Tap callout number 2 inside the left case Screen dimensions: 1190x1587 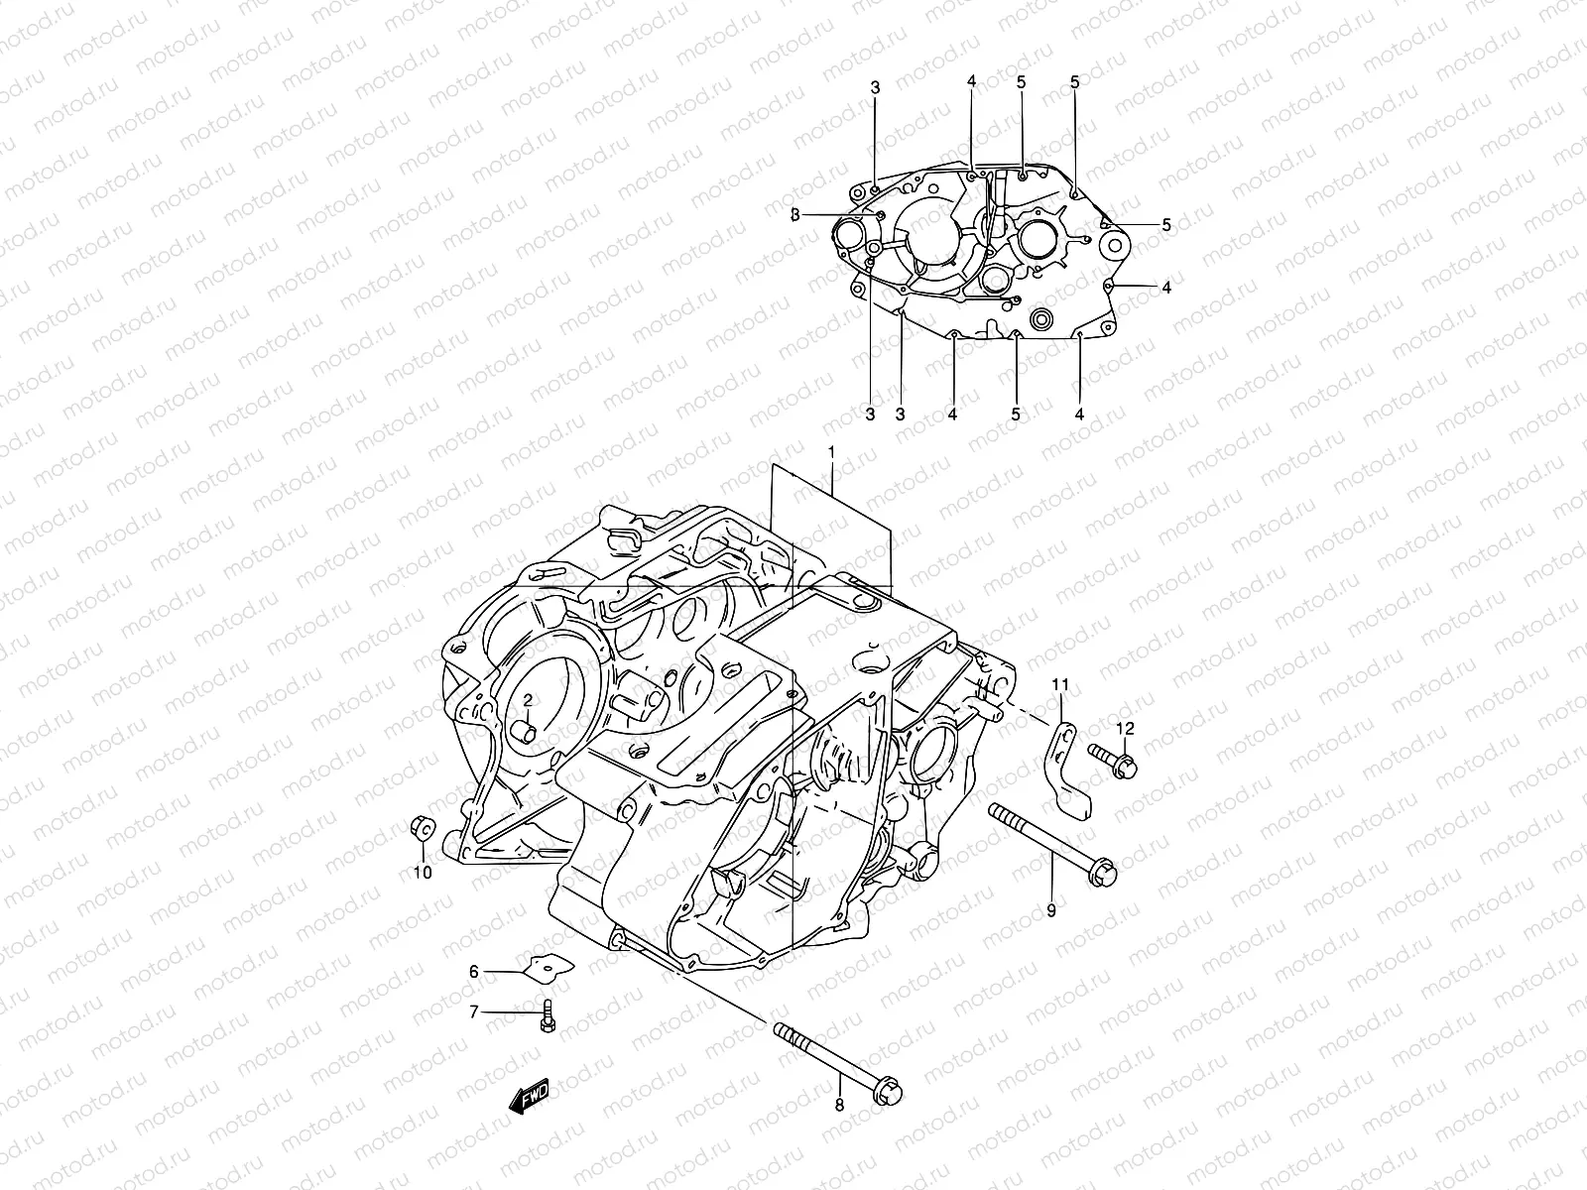click(529, 700)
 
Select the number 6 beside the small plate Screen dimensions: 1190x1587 click(474, 972)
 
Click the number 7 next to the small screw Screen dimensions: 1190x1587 click(474, 1011)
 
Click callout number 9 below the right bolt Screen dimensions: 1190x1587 click(1051, 908)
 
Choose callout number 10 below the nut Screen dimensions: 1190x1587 click(423, 873)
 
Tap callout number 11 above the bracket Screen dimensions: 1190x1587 click(1060, 684)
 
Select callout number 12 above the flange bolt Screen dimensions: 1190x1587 click(1124, 728)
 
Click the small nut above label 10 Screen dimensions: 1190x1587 click(421, 825)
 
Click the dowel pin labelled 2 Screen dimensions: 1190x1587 click(527, 734)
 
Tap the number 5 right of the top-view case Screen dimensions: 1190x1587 click(1166, 225)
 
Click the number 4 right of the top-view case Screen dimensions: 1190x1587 click(1166, 288)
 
